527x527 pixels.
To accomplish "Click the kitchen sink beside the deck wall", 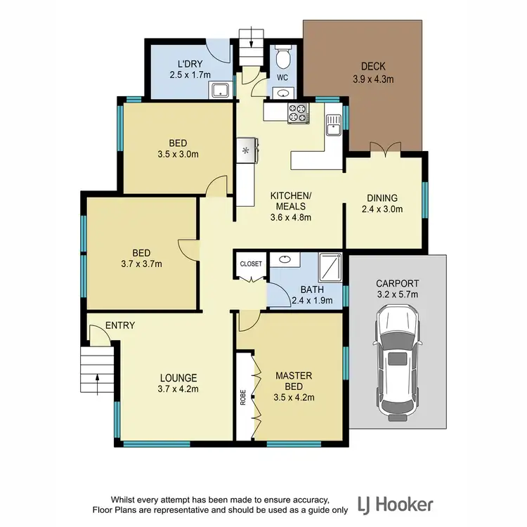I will point(332,124).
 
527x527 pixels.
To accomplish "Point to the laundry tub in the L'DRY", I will point(219,90).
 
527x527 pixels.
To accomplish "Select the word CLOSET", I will point(251,264).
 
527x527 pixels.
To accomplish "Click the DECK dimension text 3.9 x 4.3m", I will point(373,79).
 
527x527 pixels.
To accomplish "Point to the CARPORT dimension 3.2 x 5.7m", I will point(398,294).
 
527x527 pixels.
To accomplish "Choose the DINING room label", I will point(382,198).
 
